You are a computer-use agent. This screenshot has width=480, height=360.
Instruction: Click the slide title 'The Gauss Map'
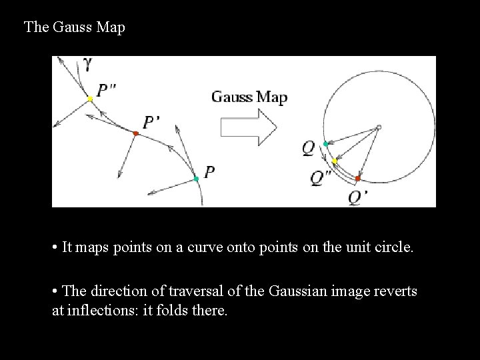[x=74, y=27]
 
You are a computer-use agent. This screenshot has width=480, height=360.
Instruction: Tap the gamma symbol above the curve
[x=88, y=64]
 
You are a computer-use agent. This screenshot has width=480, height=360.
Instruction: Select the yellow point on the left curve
[x=90, y=99]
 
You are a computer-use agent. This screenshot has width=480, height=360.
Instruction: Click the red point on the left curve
[x=135, y=134]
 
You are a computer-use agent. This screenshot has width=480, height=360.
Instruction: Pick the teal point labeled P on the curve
[x=196, y=179]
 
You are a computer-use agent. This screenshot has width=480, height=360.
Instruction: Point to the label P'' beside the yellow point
[x=107, y=91]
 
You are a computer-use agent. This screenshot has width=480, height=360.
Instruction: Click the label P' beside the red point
[x=151, y=121]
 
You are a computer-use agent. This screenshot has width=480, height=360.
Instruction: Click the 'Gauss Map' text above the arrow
[x=249, y=97]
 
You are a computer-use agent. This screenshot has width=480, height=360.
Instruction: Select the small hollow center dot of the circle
[x=378, y=127]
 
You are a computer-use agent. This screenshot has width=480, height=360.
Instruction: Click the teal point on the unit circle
[x=325, y=144]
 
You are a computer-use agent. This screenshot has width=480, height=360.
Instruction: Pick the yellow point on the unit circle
[x=335, y=162]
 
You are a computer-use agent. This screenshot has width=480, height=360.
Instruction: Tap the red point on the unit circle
[x=357, y=179]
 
